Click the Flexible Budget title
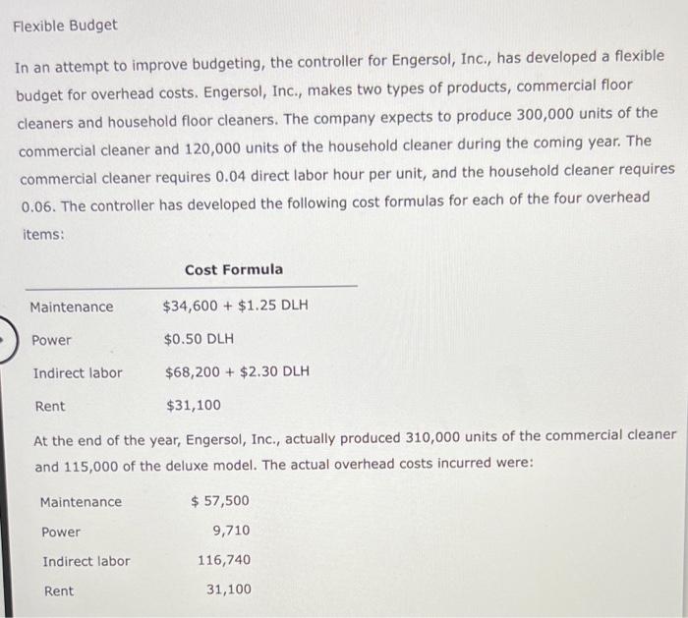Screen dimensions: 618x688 pos(65,25)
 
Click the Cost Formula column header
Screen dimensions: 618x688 pos(233,269)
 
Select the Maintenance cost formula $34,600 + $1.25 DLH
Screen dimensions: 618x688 pos(235,306)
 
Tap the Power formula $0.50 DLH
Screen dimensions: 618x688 pos(199,340)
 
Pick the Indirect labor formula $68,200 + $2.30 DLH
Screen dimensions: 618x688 pos(236,372)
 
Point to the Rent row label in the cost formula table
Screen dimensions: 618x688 pos(50,406)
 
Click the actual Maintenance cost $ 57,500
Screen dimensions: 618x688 pos(220,501)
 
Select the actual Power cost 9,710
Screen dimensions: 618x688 pos(231,531)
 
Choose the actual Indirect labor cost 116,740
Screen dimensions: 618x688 pos(223,560)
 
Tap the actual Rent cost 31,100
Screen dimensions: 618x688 pos(228,590)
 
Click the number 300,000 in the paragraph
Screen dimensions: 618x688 pos(530,113)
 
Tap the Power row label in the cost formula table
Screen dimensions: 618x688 pos(52,340)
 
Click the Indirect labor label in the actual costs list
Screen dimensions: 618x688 pos(86,561)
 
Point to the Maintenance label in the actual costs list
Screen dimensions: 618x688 pos(81,502)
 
